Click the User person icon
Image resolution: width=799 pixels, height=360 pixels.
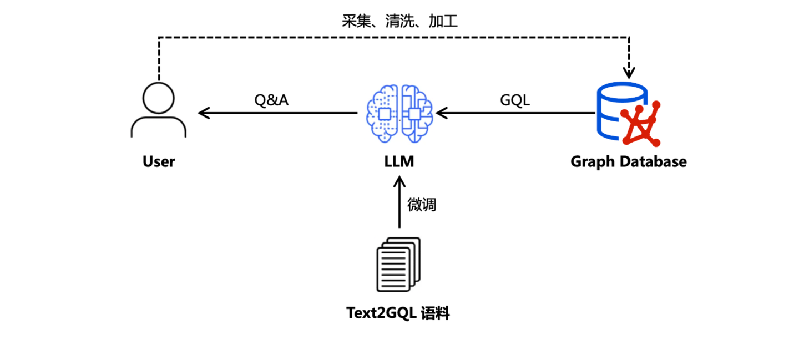click(x=159, y=111)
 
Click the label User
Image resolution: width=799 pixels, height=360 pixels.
click(x=159, y=161)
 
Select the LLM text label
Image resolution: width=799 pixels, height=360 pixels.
click(x=398, y=161)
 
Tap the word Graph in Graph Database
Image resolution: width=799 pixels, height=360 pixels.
click(x=593, y=161)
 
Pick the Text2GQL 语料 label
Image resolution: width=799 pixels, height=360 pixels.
click(x=398, y=313)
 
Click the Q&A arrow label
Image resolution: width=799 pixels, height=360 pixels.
click(x=271, y=100)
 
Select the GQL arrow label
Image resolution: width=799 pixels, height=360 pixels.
click(x=515, y=100)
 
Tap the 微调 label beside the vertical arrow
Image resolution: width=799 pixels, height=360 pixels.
click(x=422, y=204)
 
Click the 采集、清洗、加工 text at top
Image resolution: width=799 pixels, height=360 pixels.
click(x=399, y=22)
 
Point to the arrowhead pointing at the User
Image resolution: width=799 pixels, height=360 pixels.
click(x=204, y=113)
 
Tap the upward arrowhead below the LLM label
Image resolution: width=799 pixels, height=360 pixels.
click(x=399, y=181)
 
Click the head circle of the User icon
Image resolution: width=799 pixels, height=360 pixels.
click(x=159, y=98)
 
